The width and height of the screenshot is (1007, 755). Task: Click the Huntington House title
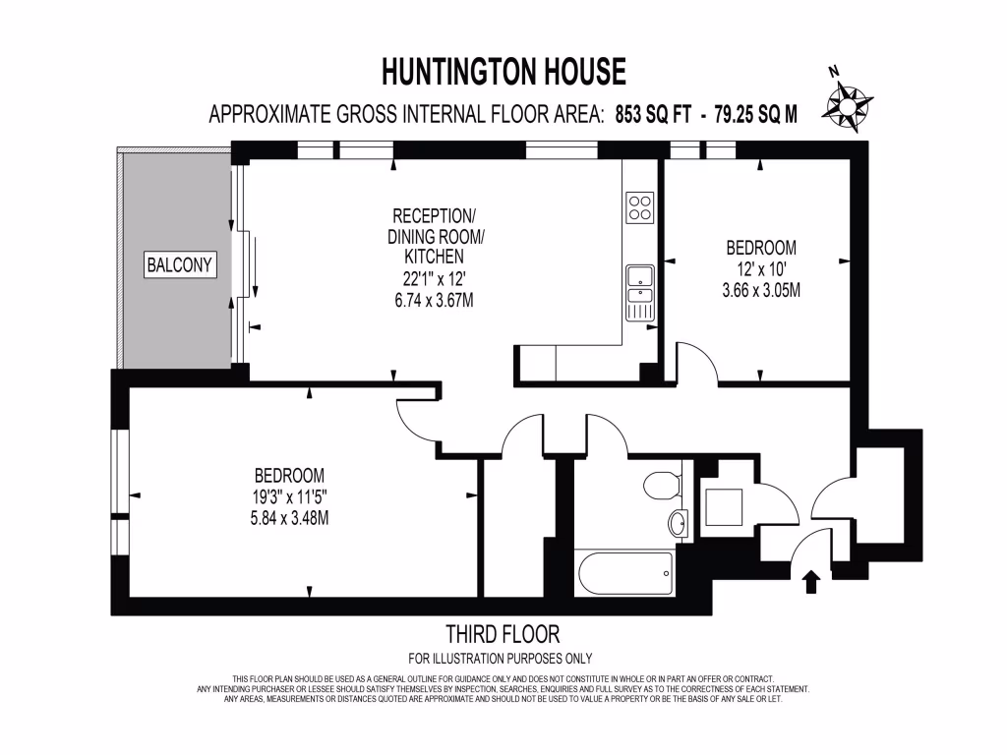pyautogui.click(x=503, y=72)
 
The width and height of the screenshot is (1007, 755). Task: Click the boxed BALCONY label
pyautogui.click(x=180, y=264)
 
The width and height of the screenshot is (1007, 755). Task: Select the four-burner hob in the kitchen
pyautogui.click(x=641, y=206)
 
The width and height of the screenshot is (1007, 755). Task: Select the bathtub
pyautogui.click(x=623, y=571)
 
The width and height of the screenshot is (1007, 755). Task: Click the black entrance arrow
pyautogui.click(x=812, y=581)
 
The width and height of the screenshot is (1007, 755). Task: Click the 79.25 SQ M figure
pyautogui.click(x=756, y=115)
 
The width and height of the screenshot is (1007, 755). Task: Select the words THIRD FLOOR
pyautogui.click(x=503, y=634)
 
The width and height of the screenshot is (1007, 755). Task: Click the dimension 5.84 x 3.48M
pyautogui.click(x=288, y=517)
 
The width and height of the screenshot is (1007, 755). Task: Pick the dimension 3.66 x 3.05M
pyautogui.click(x=761, y=290)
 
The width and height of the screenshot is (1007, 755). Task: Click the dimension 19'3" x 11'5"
pyautogui.click(x=288, y=496)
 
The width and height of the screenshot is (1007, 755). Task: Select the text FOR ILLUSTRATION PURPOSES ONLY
pyautogui.click(x=501, y=659)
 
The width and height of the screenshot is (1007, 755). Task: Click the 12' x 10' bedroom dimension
pyautogui.click(x=761, y=268)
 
